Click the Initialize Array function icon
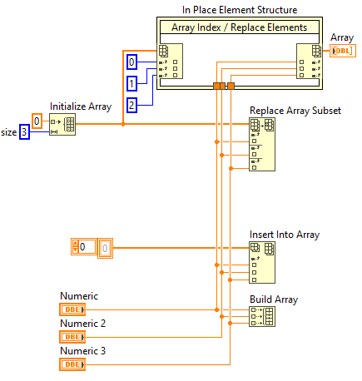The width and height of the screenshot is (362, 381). (62, 124)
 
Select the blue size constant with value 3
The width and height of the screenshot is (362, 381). (24, 131)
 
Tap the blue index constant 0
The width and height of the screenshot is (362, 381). (131, 63)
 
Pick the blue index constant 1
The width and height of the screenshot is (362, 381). (131, 83)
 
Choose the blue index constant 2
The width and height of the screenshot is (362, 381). (131, 105)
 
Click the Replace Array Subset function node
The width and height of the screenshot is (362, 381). (262, 143)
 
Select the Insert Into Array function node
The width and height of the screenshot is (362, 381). (262, 263)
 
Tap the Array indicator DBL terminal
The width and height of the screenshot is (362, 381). (342, 52)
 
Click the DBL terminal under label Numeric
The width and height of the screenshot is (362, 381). (72, 309)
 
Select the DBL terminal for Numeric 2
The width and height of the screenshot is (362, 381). (72, 337)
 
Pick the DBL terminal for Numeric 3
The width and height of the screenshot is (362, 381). (72, 364)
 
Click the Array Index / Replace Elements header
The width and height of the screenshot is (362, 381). (239, 27)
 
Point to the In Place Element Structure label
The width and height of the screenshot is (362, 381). (240, 10)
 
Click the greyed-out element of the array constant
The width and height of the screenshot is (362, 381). (105, 247)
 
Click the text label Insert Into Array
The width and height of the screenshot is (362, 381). (284, 235)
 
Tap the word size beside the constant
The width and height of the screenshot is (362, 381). (7, 131)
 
